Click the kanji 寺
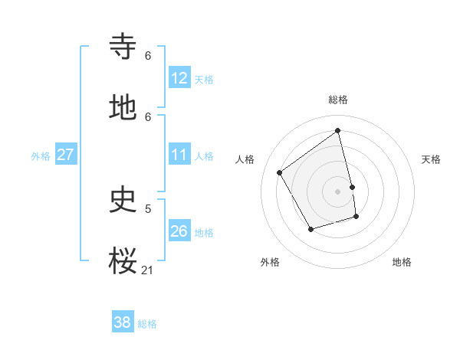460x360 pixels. tap(123, 47)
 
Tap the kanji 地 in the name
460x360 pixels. tap(123, 108)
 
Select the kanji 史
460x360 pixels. tap(123, 199)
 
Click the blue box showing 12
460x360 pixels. tap(179, 78)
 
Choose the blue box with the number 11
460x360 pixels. tap(179, 155)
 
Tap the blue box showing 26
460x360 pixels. tap(179, 231)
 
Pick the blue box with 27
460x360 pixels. tap(65, 155)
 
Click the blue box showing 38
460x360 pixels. tap(123, 322)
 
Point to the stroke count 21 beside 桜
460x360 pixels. tap(148, 270)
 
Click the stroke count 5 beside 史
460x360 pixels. tap(148, 208)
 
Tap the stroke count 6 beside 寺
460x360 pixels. tap(148, 55)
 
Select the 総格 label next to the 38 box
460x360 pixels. tap(147, 324)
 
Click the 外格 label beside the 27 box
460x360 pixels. tap(41, 156)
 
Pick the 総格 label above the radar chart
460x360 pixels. tap(338, 100)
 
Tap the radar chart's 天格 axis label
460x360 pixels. tap(432, 159)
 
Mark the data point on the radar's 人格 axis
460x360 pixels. tap(280, 172)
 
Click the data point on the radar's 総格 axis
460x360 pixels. tap(338, 130)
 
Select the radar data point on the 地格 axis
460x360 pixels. tap(356, 217)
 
